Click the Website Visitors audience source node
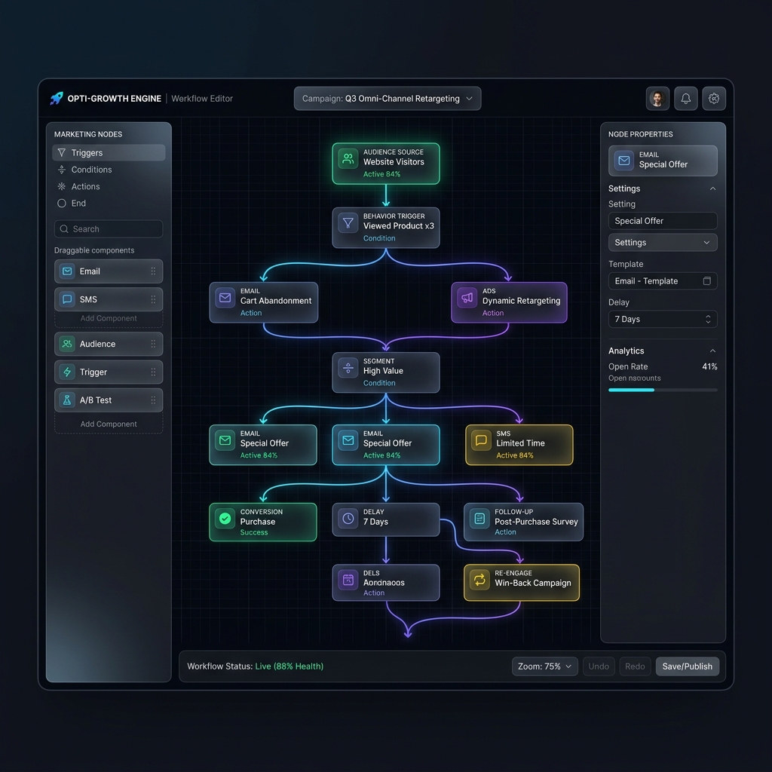pos(385,164)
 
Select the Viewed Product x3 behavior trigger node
pos(385,228)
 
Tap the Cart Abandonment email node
pos(263,302)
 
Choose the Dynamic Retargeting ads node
pos(509,302)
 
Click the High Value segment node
pos(385,372)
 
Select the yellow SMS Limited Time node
pos(519,445)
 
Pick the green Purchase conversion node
pos(262,522)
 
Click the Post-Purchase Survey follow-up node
pos(523,522)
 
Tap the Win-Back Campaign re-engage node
pos(521,583)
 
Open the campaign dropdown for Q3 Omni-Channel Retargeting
pos(387,99)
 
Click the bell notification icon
pos(686,99)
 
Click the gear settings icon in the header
pos(714,99)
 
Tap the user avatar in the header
pos(657,99)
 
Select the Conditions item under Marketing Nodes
pos(91,170)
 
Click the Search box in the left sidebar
pos(109,229)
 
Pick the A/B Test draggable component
pos(109,400)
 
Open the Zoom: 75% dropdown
pos(544,666)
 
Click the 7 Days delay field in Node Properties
pos(662,320)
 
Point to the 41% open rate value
pos(709,367)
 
